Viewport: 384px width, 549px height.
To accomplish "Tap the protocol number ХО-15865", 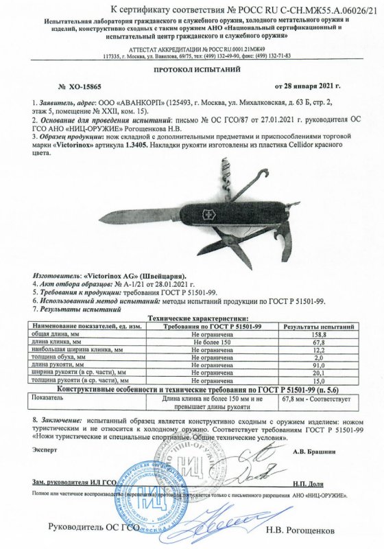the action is click(x=82, y=88).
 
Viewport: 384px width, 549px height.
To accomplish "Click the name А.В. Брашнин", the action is click(x=314, y=452).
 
